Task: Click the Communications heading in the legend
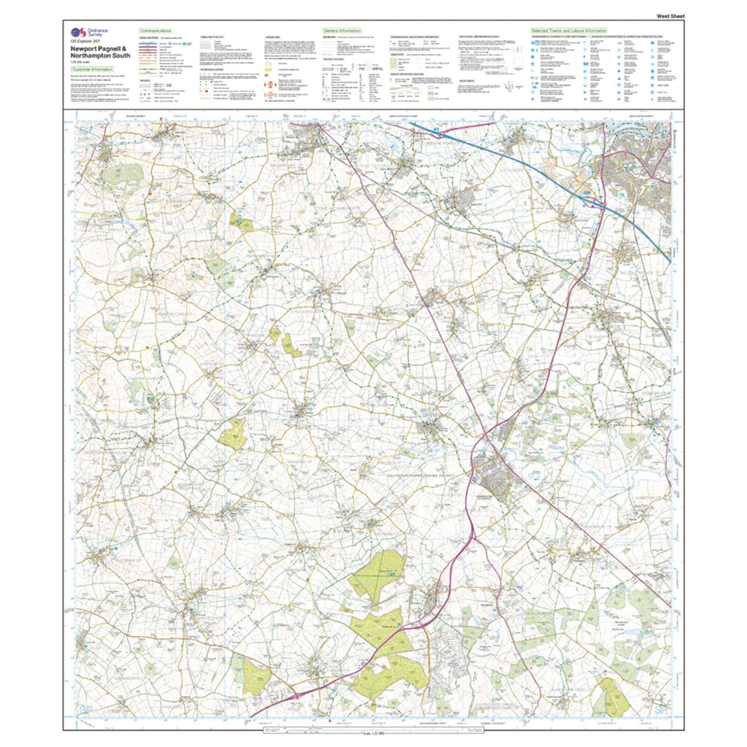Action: click(155, 31)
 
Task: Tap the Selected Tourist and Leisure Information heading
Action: click(568, 31)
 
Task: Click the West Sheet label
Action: click(670, 15)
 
